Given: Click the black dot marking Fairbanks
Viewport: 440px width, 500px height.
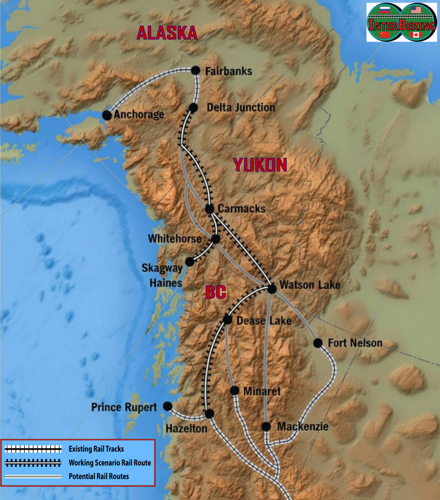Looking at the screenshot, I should [196, 70].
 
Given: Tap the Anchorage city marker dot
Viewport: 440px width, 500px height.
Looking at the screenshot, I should [107, 115].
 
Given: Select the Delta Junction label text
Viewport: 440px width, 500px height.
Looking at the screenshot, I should [241, 107].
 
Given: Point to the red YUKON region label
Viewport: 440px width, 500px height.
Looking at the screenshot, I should [260, 165].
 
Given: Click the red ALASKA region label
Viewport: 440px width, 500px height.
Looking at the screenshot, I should [167, 33].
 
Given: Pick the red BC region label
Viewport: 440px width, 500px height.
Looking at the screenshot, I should [216, 292].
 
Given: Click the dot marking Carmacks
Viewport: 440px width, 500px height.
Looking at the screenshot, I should [209, 209].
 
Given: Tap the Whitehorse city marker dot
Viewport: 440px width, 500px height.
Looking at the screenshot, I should [216, 239].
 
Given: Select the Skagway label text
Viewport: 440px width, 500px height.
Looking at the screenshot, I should [162, 268].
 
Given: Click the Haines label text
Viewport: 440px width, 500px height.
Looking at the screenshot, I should [166, 283].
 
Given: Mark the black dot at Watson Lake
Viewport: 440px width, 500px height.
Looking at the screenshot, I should [272, 289].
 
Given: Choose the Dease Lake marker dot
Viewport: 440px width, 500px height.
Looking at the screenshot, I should [227, 320].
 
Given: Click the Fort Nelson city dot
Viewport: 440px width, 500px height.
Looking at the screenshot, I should [318, 343].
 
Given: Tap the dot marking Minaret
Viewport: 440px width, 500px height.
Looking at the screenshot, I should [235, 390].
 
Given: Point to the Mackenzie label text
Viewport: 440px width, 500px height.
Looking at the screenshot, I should [302, 427].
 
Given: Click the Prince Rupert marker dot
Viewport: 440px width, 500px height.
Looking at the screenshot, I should [168, 406].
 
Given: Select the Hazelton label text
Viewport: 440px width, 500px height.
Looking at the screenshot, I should [186, 429].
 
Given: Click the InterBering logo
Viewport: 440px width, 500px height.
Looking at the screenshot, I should [401, 22].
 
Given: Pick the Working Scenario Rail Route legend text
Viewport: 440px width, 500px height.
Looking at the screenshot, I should [110, 463].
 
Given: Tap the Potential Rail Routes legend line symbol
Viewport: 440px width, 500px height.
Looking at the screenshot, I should [33, 477].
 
